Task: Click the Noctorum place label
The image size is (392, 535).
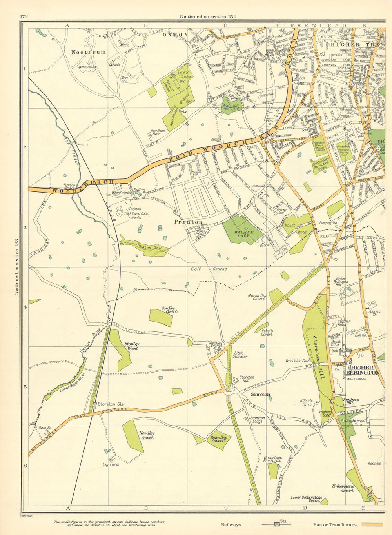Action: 88,52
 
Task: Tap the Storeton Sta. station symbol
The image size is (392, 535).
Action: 94,404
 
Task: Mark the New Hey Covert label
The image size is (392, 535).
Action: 147,435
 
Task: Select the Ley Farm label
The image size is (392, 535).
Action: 111,464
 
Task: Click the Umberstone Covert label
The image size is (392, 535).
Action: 343,488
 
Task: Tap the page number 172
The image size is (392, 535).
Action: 23,16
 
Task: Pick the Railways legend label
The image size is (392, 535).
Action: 231,525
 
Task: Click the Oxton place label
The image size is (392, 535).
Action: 175,35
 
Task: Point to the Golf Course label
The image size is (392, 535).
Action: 209,269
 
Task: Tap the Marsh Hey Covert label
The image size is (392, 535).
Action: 257,297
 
